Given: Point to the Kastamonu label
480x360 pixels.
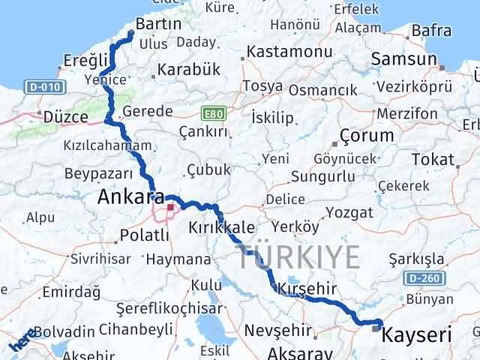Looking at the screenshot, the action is click(289, 52).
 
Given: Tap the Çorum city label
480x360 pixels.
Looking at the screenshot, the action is click(367, 136).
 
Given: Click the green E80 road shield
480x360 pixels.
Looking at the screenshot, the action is click(212, 114).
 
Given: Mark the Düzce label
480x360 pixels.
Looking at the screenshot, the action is click(66, 118).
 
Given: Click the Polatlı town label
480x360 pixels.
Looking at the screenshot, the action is click(144, 238).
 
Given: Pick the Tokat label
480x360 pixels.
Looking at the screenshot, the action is click(433, 160).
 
